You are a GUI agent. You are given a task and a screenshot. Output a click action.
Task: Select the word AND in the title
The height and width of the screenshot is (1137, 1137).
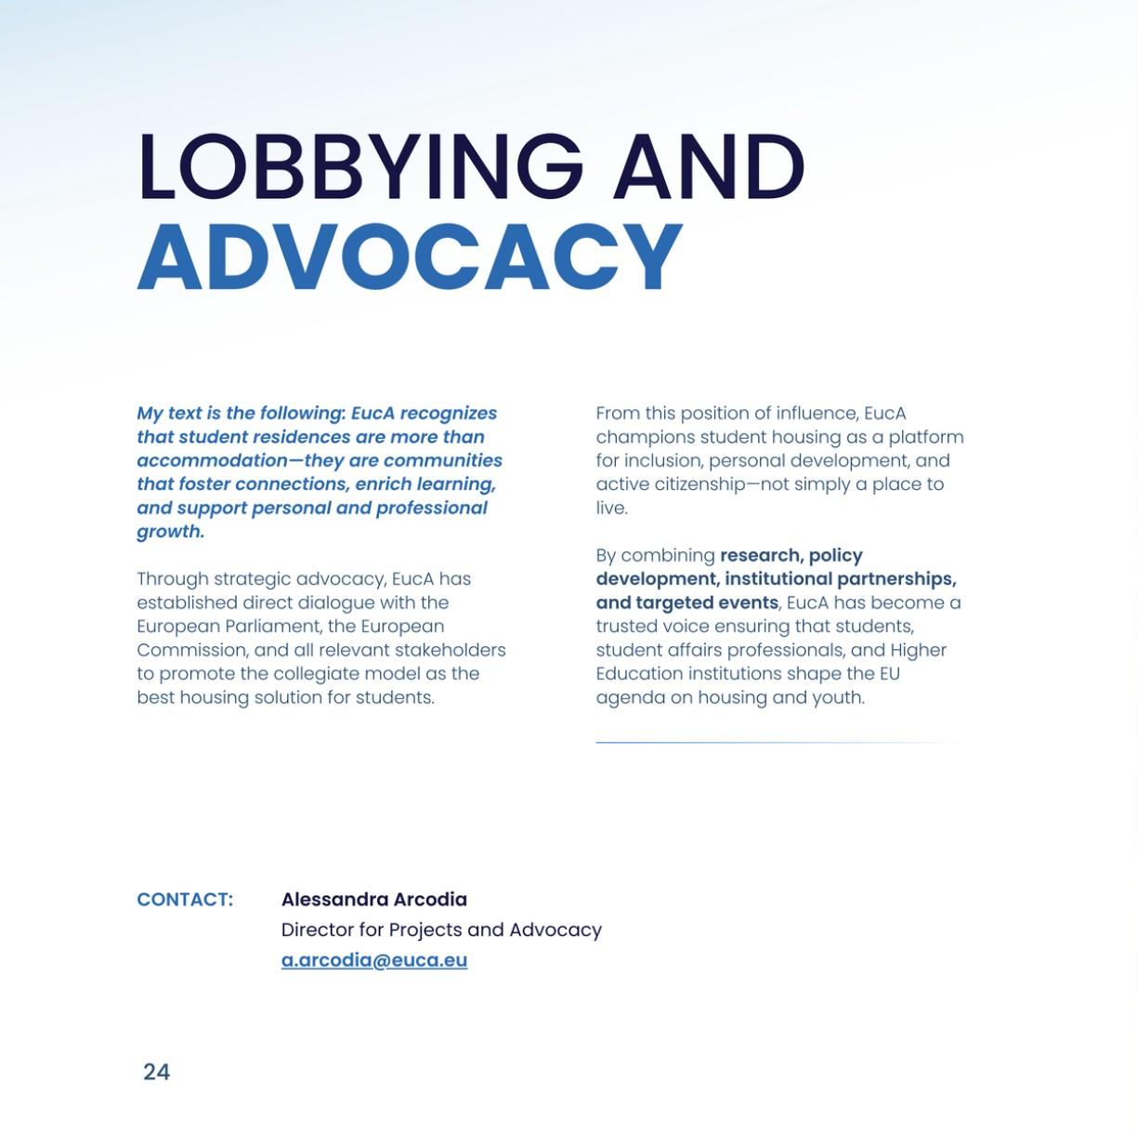[708, 167]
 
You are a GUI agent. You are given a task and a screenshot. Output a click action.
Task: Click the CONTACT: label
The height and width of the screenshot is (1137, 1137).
[185, 900]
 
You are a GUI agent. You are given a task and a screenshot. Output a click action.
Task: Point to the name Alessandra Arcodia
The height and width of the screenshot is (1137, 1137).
[373, 900]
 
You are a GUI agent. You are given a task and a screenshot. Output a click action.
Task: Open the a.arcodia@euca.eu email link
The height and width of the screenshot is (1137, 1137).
[373, 960]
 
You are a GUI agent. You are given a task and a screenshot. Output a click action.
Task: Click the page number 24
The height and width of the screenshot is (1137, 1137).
[156, 1072]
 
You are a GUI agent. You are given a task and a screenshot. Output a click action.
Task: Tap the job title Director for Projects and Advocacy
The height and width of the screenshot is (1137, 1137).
[441, 930]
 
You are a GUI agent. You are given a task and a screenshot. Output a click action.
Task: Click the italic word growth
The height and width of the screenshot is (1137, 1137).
[170, 532]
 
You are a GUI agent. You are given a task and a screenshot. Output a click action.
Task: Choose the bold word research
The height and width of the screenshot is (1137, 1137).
[761, 555]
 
